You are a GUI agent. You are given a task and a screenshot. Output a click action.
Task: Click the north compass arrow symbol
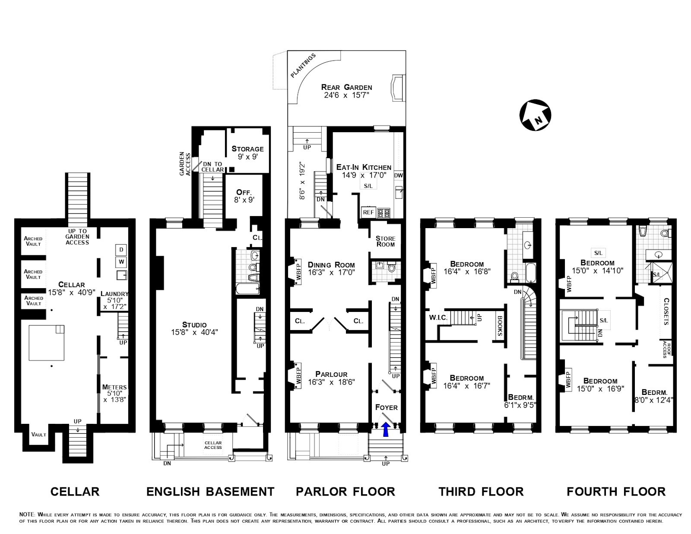click(535, 115)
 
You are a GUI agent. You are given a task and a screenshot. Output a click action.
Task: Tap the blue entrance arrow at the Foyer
click(386, 429)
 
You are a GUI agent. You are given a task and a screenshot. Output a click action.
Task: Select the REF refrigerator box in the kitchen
click(368, 212)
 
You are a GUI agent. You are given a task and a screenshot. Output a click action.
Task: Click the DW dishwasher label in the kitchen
click(399, 175)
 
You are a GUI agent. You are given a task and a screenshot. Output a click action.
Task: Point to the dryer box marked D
click(121, 250)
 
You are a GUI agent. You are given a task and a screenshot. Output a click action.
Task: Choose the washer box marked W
click(121, 262)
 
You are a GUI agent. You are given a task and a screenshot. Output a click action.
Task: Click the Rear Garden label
click(346, 91)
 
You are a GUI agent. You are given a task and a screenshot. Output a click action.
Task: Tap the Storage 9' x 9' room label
click(247, 153)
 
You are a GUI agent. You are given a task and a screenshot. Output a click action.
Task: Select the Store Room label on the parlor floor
click(385, 242)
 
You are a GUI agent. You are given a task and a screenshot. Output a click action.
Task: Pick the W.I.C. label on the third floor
click(438, 318)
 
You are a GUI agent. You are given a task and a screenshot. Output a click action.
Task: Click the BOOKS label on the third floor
click(499, 326)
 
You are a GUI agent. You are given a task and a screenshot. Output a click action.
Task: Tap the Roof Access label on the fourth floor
click(665, 350)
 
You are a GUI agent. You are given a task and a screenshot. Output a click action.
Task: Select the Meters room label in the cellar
click(114, 393)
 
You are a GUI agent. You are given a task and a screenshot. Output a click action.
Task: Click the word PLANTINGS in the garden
click(303, 66)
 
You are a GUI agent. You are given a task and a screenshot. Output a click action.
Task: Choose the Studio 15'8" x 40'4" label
click(194, 328)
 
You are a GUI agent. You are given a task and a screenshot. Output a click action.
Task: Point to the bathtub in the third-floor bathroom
click(529, 273)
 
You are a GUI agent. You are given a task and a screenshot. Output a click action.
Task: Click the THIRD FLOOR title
click(481, 492)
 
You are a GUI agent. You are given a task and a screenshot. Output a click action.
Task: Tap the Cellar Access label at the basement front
click(213, 445)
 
